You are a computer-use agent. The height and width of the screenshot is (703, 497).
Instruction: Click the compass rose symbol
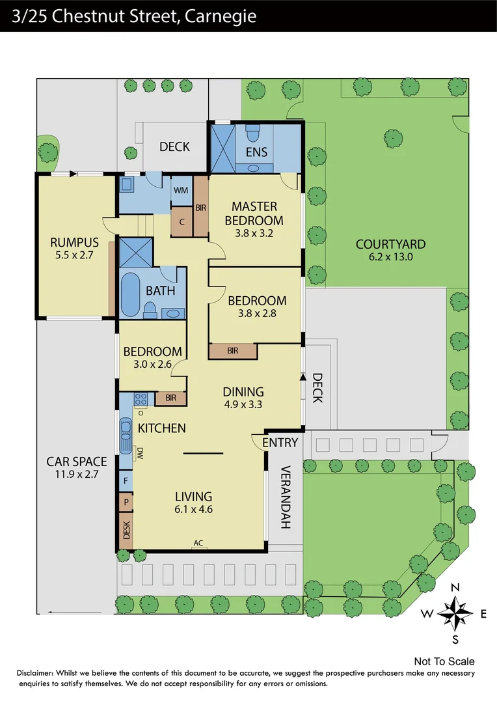click(455, 613)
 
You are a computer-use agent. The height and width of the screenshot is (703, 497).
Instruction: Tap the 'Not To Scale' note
click(444, 661)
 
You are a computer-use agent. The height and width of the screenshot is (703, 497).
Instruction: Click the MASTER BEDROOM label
click(254, 214)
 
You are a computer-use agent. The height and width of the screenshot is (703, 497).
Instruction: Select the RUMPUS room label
click(74, 243)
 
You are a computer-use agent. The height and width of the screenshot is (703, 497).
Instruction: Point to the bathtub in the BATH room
click(130, 294)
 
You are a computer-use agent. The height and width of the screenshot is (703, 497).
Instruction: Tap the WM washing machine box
click(181, 191)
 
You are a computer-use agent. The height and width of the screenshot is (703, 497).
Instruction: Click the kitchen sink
click(125, 434)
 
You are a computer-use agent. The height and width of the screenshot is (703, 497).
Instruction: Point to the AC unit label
click(198, 542)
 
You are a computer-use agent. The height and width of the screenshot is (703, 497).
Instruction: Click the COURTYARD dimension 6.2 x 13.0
click(390, 256)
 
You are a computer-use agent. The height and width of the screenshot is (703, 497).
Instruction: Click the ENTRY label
click(280, 443)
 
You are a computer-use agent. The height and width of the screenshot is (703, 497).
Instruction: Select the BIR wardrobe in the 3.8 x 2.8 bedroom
click(232, 351)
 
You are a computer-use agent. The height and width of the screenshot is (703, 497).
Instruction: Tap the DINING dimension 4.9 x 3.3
click(243, 404)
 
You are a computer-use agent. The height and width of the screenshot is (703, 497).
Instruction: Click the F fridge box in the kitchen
click(126, 481)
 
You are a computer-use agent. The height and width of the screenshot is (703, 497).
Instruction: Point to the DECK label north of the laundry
click(174, 146)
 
